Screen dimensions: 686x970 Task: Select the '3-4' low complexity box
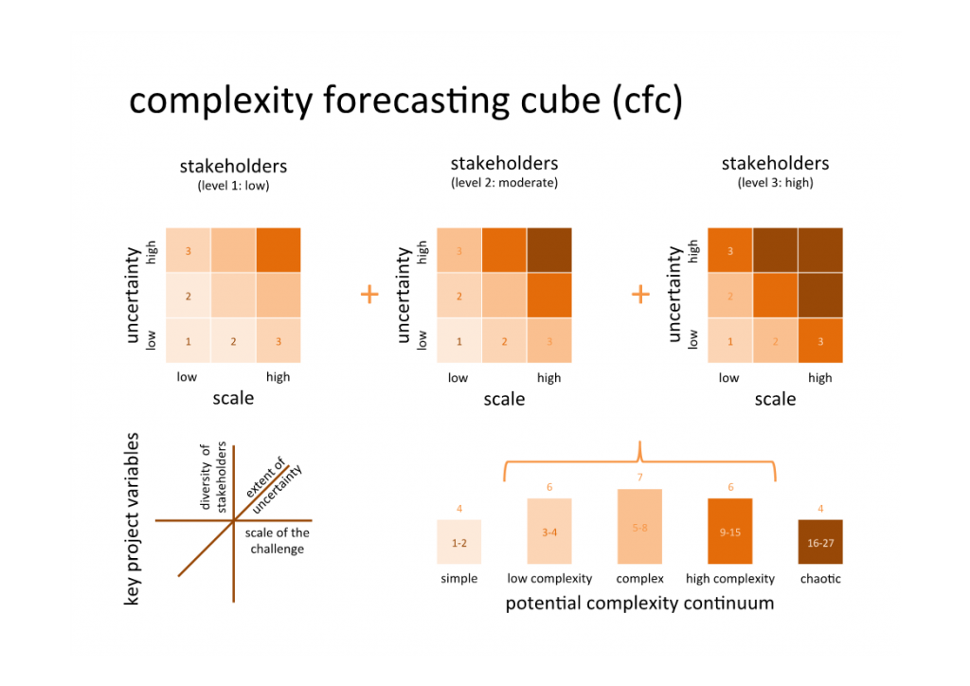click(x=549, y=532)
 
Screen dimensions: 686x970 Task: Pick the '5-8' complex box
click(x=639, y=527)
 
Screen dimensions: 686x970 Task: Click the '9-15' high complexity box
click(x=729, y=532)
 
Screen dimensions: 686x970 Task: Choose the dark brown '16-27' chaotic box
click(x=820, y=543)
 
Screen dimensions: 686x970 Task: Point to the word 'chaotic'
click(x=820, y=578)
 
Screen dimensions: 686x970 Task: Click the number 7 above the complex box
click(x=639, y=476)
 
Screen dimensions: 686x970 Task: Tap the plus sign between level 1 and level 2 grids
click(x=369, y=295)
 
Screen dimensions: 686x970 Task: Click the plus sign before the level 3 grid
click(x=640, y=295)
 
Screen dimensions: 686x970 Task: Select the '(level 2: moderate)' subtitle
click(x=504, y=183)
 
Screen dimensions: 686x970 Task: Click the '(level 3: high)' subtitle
click(x=775, y=183)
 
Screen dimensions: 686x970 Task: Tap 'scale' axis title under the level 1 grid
click(x=233, y=398)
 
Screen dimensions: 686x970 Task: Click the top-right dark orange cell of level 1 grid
click(x=278, y=250)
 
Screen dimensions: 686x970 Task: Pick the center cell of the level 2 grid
click(x=504, y=296)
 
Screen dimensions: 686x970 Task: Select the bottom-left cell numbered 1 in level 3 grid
click(x=729, y=341)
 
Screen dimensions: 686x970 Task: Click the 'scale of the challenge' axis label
click(x=277, y=541)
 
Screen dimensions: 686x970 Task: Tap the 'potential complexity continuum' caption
click(x=639, y=604)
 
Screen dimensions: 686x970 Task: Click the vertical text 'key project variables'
click(x=133, y=519)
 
